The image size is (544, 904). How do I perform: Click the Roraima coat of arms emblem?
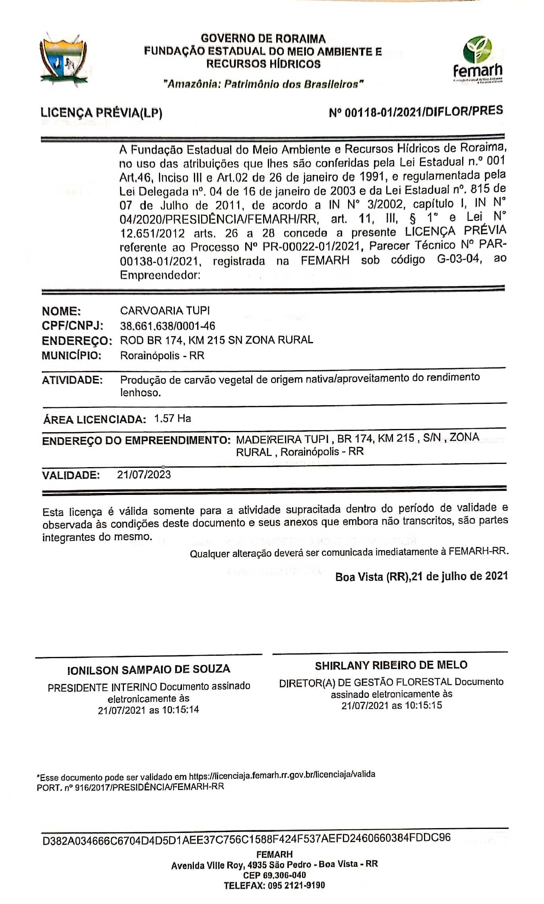click(63, 59)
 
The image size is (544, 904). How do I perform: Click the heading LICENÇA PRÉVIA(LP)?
click(101, 113)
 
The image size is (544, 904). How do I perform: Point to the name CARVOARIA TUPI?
click(165, 310)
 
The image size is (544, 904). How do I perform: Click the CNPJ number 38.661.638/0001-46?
click(167, 326)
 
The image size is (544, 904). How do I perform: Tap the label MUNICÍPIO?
click(72, 355)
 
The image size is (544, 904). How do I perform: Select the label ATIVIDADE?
click(72, 380)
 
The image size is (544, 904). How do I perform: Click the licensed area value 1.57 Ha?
click(172, 418)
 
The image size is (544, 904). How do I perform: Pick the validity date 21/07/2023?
click(144, 474)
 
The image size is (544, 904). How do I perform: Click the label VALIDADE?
click(71, 475)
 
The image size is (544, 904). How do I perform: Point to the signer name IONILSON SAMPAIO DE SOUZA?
click(149, 669)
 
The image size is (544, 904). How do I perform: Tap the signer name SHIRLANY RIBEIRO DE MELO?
click(391, 665)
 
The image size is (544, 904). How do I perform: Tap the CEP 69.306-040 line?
click(274, 875)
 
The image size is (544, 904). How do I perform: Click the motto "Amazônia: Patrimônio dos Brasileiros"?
click(263, 84)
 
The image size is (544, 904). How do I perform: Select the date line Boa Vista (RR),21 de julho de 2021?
click(421, 576)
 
